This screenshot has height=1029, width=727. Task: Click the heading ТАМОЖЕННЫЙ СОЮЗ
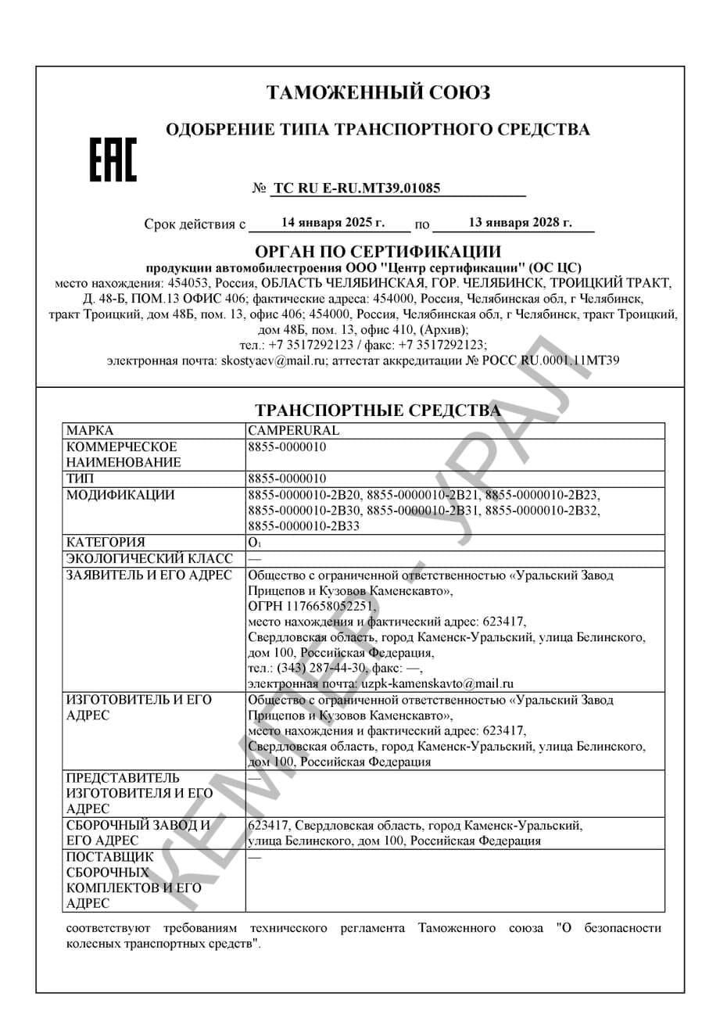click(x=378, y=93)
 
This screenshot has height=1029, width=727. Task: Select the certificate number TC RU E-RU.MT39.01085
click(x=356, y=188)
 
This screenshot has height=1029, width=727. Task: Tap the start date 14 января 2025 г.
click(x=333, y=223)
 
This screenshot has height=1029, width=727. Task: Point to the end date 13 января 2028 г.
click(x=520, y=223)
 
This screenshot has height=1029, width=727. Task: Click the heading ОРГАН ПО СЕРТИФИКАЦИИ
click(x=378, y=252)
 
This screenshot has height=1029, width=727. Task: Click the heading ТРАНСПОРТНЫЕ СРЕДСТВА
click(x=378, y=411)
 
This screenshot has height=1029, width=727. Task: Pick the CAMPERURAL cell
click(x=294, y=431)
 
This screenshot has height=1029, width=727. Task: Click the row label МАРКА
click(x=91, y=431)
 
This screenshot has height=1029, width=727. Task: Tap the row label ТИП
click(x=81, y=479)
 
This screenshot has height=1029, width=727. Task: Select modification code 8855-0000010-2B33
click(x=303, y=526)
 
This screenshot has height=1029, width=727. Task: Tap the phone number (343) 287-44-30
click(x=320, y=668)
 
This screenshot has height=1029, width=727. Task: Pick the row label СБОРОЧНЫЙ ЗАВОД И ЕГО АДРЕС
click(x=138, y=833)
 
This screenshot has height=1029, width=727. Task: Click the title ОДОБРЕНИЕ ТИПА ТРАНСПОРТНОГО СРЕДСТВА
click(x=378, y=130)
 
